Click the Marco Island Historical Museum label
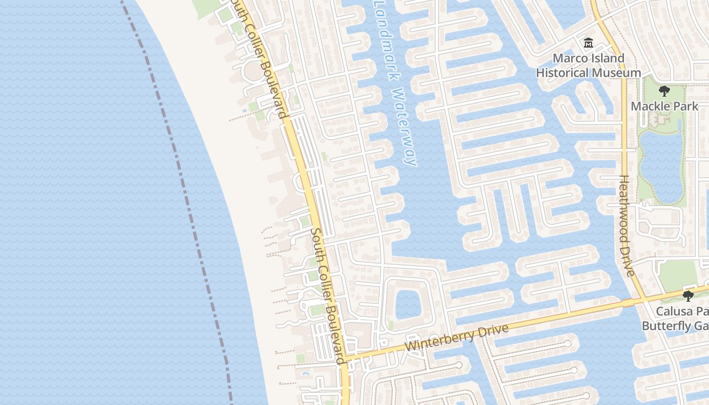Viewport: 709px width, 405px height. click(x=588, y=66)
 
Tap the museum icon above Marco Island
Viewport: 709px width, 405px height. click(x=588, y=43)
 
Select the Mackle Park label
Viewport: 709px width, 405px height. click(x=664, y=106)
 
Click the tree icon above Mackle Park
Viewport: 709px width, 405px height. click(x=664, y=91)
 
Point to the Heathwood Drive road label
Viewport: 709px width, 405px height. click(x=627, y=226)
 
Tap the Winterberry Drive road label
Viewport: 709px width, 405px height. click(x=457, y=338)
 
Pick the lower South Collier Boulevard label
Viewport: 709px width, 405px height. click(x=328, y=295)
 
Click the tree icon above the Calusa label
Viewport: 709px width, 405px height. click(x=688, y=296)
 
